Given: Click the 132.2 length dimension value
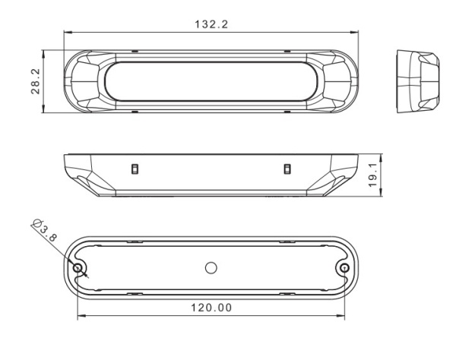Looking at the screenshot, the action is [x=211, y=24].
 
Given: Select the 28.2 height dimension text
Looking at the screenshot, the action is [x=36, y=81].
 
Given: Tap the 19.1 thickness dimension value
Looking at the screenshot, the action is [x=372, y=175].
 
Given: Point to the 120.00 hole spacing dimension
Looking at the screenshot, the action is [x=211, y=308].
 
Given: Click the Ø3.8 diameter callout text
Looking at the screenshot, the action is [x=45, y=230].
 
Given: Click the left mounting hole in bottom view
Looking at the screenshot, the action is [x=78, y=267].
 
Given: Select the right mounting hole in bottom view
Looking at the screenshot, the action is [x=344, y=267].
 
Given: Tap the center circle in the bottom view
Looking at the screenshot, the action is [x=211, y=268].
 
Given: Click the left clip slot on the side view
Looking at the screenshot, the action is [x=135, y=169].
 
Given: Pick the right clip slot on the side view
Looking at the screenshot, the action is [x=287, y=169].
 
